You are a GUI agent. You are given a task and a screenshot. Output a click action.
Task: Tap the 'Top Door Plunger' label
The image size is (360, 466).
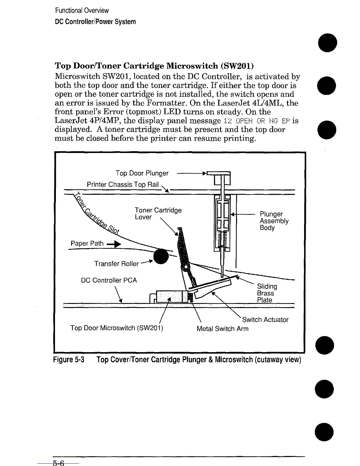tap(142, 173)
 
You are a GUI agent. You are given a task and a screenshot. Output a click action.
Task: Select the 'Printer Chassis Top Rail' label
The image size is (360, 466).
tap(123, 184)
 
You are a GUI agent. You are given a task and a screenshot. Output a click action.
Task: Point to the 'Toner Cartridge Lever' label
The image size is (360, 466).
tap(158, 214)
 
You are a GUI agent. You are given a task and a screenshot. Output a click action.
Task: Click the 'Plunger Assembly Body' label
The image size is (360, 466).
tap(274, 221)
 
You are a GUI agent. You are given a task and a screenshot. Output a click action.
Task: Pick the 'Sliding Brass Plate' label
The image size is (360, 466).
tap(267, 293)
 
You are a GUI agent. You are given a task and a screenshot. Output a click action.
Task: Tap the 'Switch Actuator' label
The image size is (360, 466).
tap(265, 319)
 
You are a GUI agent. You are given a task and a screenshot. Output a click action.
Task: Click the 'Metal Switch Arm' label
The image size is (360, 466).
tap(222, 329)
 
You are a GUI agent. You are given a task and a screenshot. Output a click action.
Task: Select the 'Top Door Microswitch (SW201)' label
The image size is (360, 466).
tap(117, 328)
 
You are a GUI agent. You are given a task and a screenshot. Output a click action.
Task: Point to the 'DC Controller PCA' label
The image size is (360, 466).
tap(109, 280)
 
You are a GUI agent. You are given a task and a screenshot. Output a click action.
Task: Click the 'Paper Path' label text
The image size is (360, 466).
tap(87, 243)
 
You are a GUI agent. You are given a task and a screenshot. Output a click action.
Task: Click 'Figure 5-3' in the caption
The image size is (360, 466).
tap(69, 360)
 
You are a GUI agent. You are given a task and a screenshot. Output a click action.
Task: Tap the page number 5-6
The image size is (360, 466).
tap(58, 463)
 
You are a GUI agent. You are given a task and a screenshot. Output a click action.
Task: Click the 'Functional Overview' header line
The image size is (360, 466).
tap(82, 11)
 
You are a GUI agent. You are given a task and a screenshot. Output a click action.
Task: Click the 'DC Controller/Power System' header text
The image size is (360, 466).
tap(96, 22)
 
